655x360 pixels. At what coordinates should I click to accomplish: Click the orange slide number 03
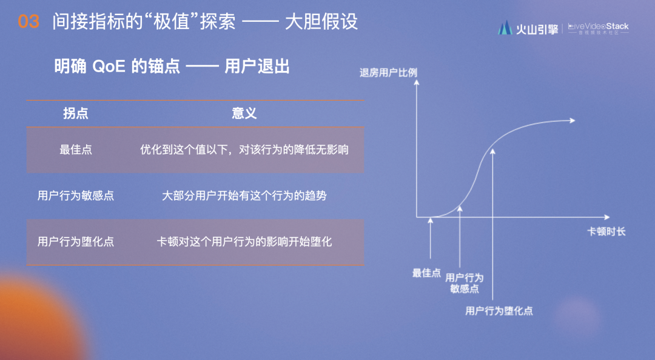click(x=29, y=22)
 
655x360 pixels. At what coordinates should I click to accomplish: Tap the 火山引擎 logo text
click(x=537, y=29)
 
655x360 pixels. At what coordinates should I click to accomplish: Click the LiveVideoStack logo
click(x=598, y=28)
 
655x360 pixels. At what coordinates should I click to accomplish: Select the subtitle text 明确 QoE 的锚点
click(x=117, y=67)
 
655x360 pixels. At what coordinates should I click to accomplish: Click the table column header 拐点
click(x=76, y=113)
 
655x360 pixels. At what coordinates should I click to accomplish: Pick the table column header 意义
click(x=244, y=113)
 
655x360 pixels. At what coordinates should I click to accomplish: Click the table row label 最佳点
click(x=76, y=150)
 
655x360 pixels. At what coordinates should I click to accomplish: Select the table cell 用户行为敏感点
click(x=76, y=195)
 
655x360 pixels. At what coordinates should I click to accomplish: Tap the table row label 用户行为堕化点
click(x=76, y=241)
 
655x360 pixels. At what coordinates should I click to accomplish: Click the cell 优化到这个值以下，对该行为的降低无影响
click(x=244, y=150)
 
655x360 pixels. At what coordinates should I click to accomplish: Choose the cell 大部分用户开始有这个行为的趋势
click(x=244, y=195)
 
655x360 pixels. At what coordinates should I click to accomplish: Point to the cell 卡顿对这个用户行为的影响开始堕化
click(x=244, y=241)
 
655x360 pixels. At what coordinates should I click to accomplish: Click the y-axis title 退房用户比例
click(x=388, y=73)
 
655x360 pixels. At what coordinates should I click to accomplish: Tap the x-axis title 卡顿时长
click(x=606, y=232)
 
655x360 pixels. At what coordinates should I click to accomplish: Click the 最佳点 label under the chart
click(x=426, y=273)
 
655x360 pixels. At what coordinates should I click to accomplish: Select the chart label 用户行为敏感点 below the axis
click(x=464, y=283)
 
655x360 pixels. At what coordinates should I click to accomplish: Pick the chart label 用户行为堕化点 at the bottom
click(x=499, y=311)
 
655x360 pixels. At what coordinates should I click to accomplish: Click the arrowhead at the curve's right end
click(x=573, y=120)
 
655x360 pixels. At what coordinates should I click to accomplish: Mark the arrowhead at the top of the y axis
click(x=417, y=82)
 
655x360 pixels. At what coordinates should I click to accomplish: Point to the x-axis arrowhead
click(x=607, y=217)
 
